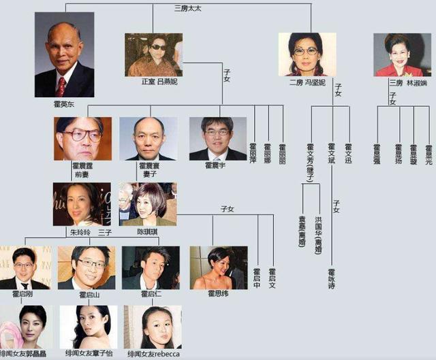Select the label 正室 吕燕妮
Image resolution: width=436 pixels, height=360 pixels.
coord(153,82)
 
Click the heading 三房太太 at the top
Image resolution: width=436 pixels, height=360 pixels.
coord(187,8)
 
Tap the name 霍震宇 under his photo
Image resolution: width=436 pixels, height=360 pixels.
coord(217,165)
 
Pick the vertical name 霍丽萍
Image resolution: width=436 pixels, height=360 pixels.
coord(253,156)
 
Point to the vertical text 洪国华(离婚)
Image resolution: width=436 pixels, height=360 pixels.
coord(318,231)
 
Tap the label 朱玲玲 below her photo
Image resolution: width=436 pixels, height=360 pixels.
coord(80,231)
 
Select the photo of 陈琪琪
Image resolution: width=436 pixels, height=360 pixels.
coord(148,203)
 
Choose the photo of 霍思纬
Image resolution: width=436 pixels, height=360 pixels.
coord(218,267)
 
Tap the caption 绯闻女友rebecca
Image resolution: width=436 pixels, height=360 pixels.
coord(153,355)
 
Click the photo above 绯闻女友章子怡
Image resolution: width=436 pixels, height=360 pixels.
coord(88,327)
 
